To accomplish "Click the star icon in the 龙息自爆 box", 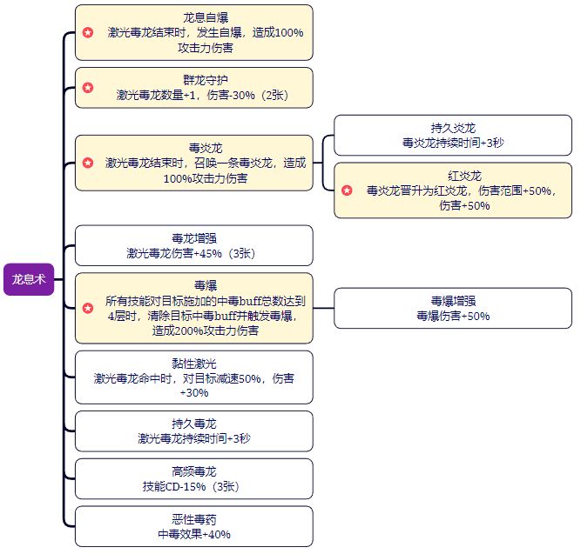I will coord(88,32).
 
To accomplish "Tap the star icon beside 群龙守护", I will coord(88,88).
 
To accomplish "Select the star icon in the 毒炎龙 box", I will coord(88,163).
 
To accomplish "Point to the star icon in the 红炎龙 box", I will coord(347,190).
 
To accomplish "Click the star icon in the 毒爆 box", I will coord(88,308).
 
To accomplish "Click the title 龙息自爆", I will coord(193,17).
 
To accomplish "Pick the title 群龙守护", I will coord(193,80).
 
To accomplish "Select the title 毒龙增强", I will coord(193,238).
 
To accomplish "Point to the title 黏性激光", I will coord(193,364).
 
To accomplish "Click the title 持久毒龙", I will coord(193,424).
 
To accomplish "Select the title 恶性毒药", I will coord(193,519).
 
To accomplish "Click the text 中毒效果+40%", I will coord(193,535).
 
